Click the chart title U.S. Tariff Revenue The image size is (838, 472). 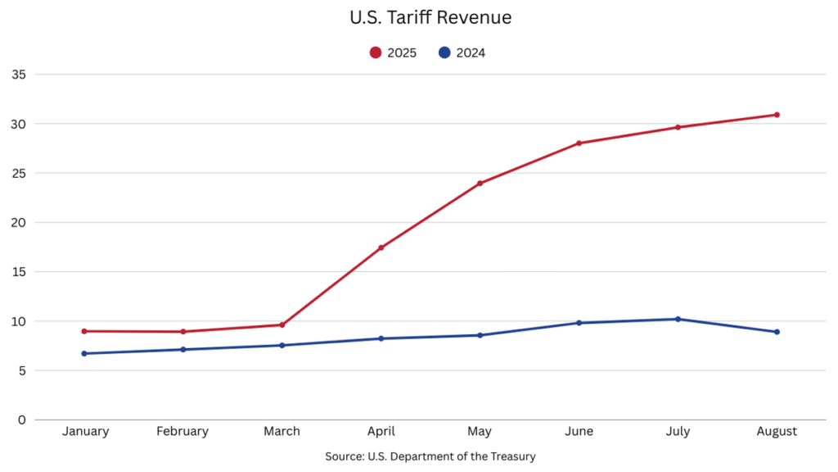coord(418,17)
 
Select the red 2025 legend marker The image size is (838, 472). coord(376,52)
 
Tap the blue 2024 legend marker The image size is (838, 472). coord(444,52)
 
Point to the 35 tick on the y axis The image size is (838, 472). coord(19,75)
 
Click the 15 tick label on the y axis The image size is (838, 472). coord(19,272)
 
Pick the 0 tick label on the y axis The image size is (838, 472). coord(22,420)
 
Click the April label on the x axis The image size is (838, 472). coord(381,431)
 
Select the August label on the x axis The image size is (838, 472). coord(777,431)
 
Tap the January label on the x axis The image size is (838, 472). coord(85,431)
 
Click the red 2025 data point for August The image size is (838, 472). coord(777,115)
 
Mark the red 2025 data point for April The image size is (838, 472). coord(381,247)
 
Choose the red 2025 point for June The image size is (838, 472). coord(579,143)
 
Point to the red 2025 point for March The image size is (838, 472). coord(282,324)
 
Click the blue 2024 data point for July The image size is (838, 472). coord(678,319)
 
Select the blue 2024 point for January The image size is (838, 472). coord(84,353)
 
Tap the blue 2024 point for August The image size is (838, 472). coord(777,332)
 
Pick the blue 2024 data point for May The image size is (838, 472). coord(480,335)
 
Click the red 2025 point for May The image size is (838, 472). coord(480,184)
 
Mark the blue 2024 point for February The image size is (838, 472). coord(183,350)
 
